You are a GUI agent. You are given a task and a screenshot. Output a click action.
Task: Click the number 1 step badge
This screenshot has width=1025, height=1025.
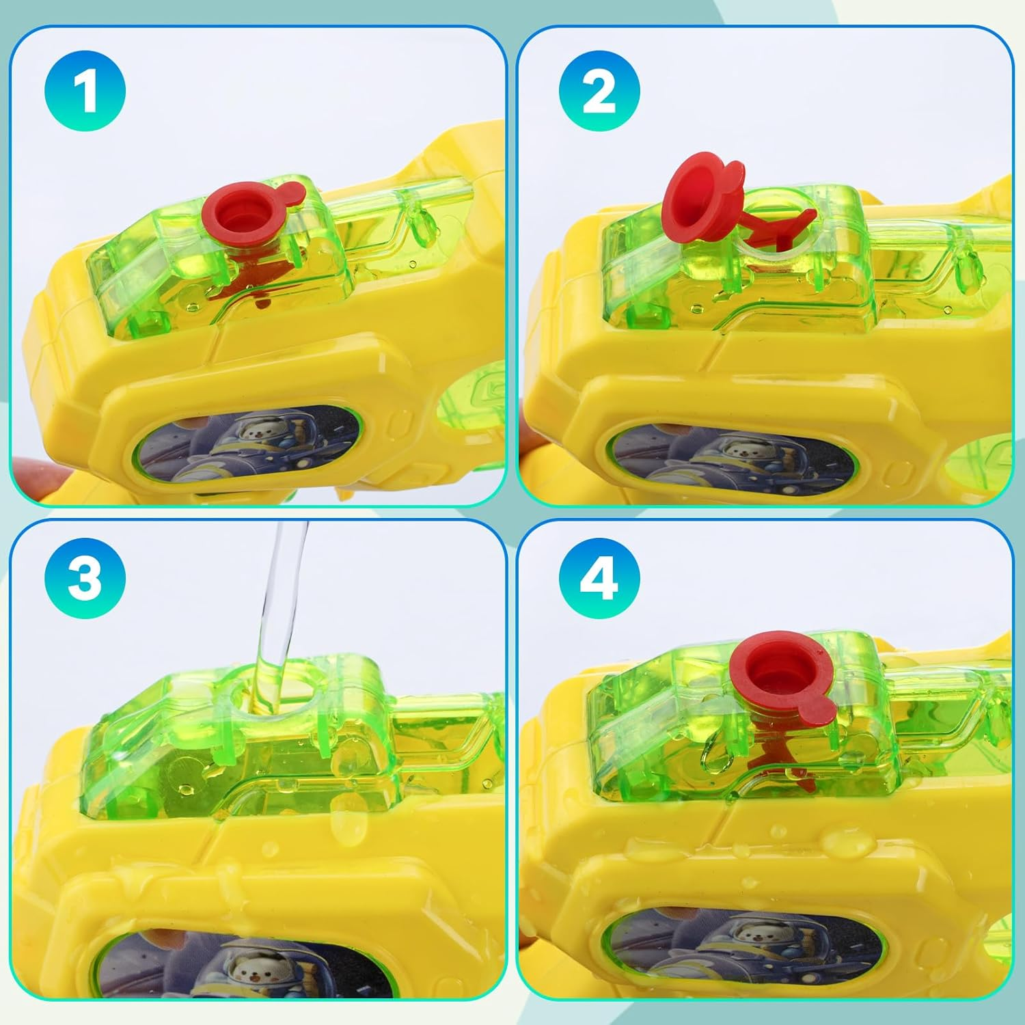(x=85, y=92)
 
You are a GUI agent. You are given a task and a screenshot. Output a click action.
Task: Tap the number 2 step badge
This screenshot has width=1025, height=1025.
(x=599, y=92)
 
